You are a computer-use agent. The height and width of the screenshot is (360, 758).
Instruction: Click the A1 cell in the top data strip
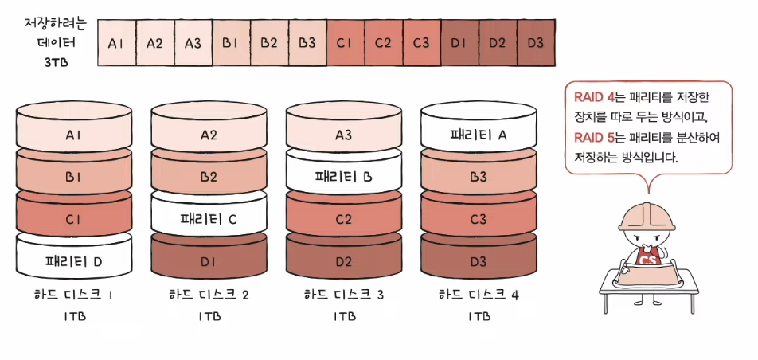tap(116, 42)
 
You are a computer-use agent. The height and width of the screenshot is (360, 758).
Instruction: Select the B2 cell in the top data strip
tap(269, 42)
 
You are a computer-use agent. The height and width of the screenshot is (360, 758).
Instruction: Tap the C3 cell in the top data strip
tap(421, 42)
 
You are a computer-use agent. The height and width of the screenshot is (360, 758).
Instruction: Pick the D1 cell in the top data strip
tap(458, 42)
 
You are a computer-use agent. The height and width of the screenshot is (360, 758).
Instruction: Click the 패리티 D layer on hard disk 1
tap(73, 260)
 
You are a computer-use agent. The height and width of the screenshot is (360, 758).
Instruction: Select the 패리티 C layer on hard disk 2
tap(209, 217)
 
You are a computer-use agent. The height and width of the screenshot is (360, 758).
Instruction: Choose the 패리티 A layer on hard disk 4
tap(479, 135)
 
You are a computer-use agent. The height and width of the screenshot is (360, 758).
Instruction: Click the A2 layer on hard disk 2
tap(209, 135)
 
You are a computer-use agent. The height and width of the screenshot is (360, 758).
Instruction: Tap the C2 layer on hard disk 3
tap(343, 218)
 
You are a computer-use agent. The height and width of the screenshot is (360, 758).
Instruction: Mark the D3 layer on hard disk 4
tap(479, 260)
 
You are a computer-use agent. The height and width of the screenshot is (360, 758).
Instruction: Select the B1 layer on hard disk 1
tap(73, 177)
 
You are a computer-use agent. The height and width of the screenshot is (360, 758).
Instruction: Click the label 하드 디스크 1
tap(74, 295)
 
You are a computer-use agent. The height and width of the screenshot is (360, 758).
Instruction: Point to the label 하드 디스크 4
tap(479, 295)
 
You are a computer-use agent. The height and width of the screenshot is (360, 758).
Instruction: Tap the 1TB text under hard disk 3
tap(343, 316)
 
